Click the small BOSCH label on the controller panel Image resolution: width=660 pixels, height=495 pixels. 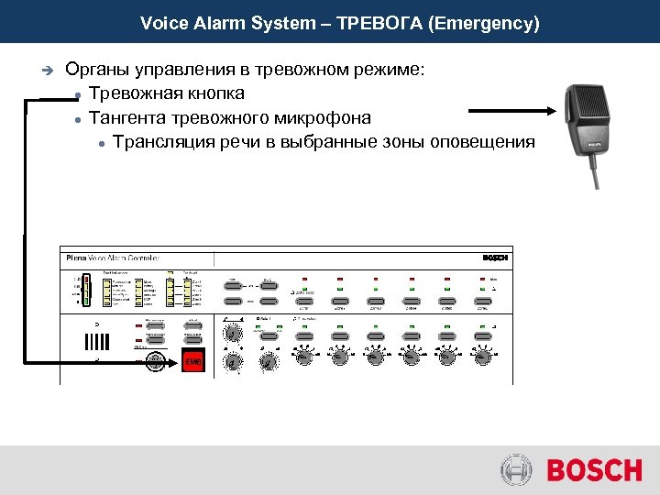(494, 258)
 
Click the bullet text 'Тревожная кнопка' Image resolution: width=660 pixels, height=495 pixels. (167, 93)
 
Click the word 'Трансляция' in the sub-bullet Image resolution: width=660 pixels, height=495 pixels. (157, 141)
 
